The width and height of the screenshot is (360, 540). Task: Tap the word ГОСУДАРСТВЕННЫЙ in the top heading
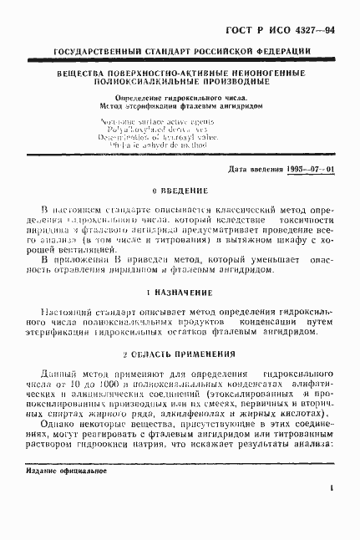click(x=93, y=53)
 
